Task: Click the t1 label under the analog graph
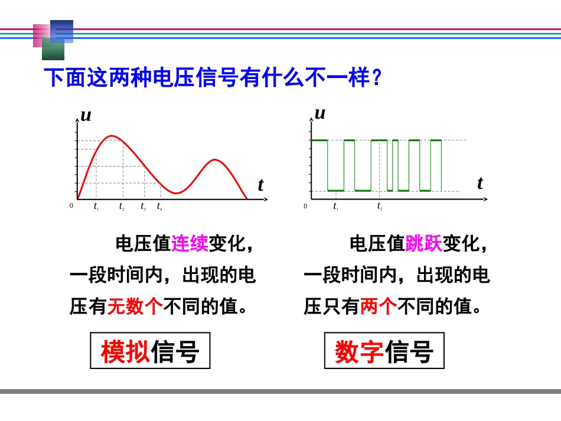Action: click(96, 206)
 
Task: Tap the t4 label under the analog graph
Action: click(159, 206)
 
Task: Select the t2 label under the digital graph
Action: click(380, 206)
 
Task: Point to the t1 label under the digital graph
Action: click(335, 206)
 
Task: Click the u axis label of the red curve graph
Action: click(86, 115)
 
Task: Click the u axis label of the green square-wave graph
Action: click(320, 113)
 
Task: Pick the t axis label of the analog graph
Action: click(260, 185)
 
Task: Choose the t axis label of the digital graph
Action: click(480, 183)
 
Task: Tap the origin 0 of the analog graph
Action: click(71, 205)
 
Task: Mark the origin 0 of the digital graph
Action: click(305, 206)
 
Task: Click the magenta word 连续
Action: click(190, 243)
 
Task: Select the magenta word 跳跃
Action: click(423, 243)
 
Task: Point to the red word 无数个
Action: click(135, 306)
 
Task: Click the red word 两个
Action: click(378, 306)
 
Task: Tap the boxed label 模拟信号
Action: click(150, 351)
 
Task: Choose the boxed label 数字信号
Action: click(384, 351)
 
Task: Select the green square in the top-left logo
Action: click(53, 50)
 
